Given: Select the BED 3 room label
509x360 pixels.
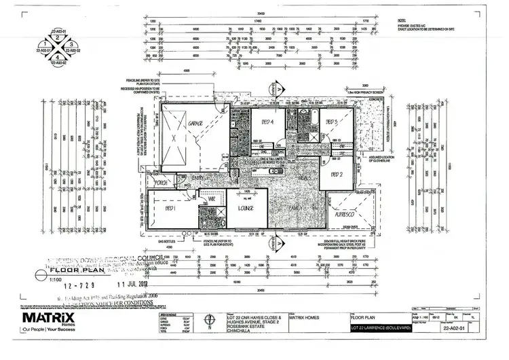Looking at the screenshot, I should click(x=332, y=122).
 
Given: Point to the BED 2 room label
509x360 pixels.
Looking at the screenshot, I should click(x=337, y=175).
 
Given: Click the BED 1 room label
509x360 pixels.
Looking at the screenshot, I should click(x=169, y=209).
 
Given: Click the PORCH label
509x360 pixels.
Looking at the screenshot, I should click(x=162, y=181).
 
